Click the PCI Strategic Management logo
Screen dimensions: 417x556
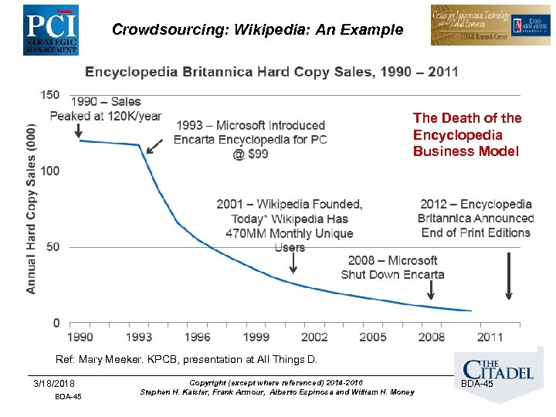click(50, 29)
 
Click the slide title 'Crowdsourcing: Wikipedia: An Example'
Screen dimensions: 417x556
click(257, 30)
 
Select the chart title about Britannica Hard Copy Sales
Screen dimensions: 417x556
click(271, 72)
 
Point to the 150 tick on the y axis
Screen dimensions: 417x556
click(49, 94)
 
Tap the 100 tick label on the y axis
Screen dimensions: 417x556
click(49, 170)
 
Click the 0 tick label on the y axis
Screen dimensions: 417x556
click(56, 323)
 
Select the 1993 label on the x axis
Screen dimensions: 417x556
click(139, 337)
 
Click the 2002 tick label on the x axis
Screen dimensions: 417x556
click(314, 337)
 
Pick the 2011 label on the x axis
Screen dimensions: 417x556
click(490, 337)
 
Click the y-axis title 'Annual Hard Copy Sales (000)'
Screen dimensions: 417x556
click(32, 208)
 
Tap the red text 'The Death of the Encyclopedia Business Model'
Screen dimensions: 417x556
click(467, 134)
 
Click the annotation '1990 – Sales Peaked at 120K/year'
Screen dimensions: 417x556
click(106, 109)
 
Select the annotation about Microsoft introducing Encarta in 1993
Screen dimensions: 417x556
click(250, 139)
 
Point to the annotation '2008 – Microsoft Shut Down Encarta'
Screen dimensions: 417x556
click(392, 267)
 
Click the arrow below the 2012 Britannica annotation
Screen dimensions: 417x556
click(508, 276)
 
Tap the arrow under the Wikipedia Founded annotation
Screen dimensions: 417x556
click(293, 263)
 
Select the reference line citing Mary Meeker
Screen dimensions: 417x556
click(186, 359)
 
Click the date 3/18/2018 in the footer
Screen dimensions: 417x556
click(55, 384)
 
